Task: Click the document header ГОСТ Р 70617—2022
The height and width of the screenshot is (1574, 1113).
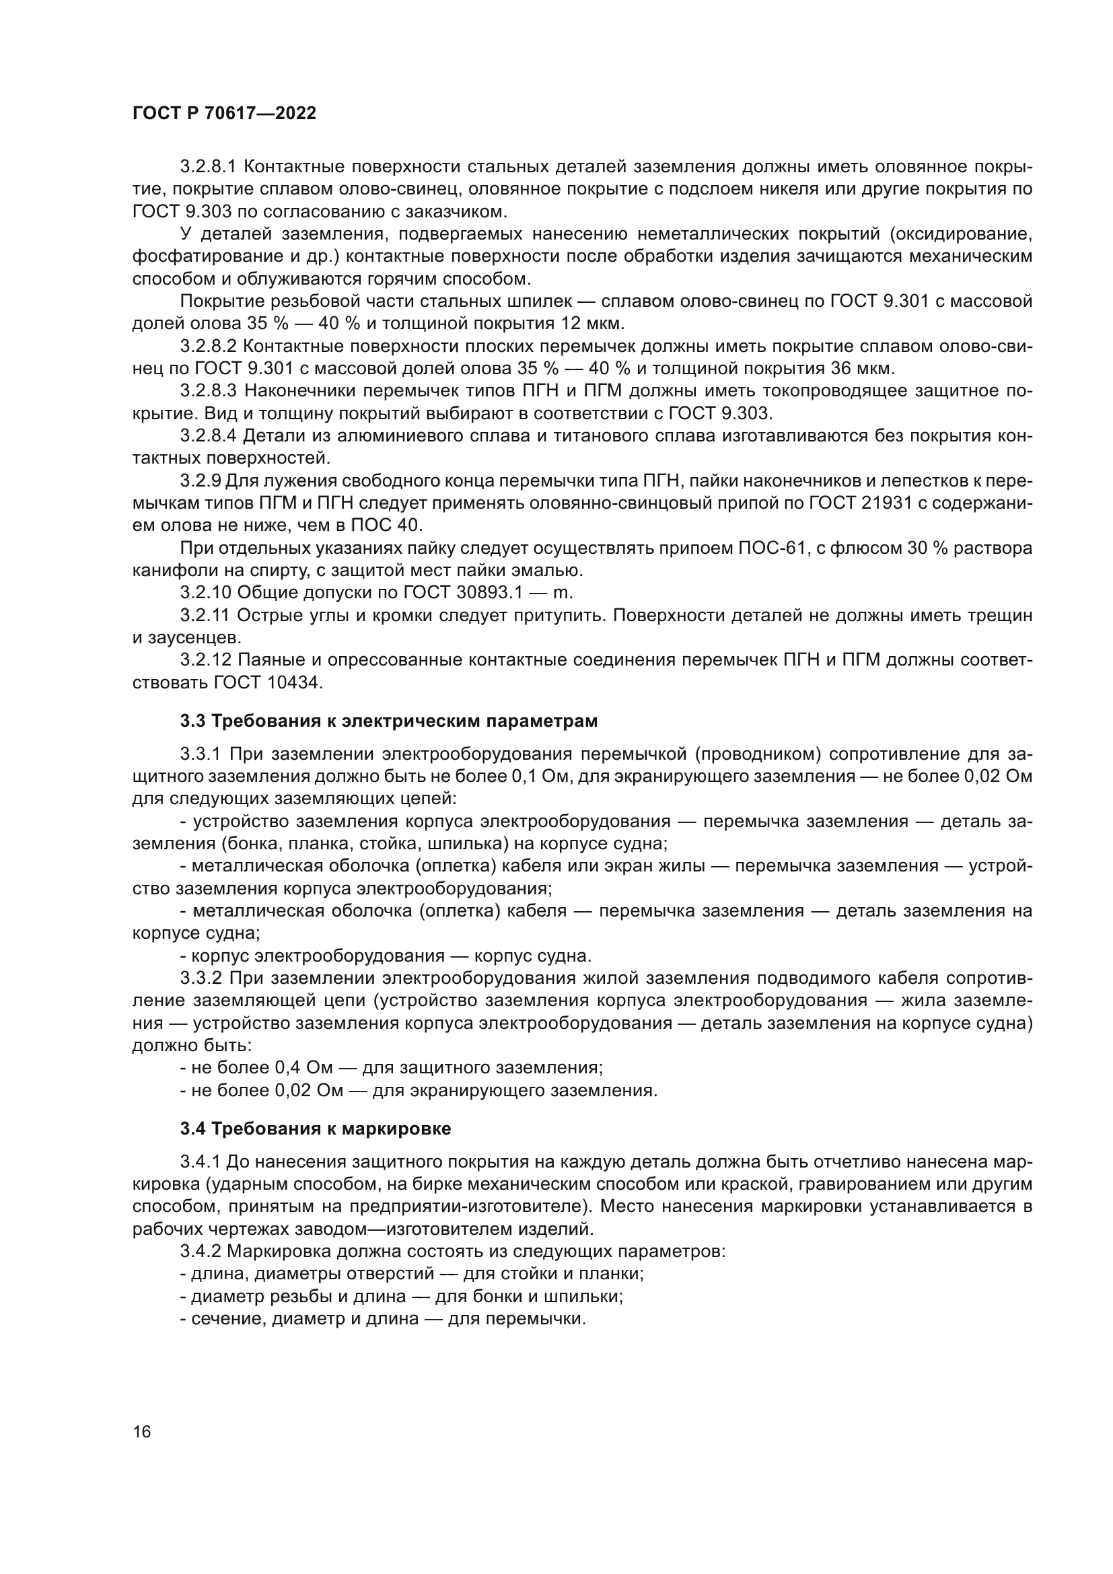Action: coord(224,114)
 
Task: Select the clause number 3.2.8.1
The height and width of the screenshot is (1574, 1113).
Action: coord(209,167)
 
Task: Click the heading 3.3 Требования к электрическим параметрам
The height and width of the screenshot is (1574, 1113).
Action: coord(388,721)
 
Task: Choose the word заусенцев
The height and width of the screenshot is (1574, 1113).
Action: coord(192,638)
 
